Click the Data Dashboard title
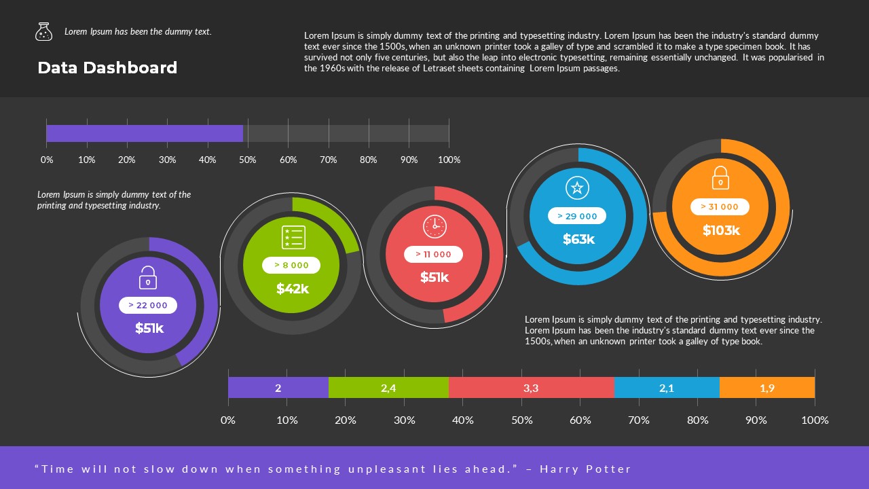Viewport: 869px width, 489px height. [x=107, y=68]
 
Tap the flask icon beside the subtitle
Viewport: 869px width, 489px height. [x=43, y=31]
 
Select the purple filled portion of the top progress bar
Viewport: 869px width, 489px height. [x=144, y=134]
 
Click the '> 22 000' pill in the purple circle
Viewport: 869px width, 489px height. [x=148, y=306]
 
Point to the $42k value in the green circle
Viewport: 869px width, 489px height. [x=293, y=289]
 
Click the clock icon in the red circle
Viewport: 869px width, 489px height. [x=434, y=226]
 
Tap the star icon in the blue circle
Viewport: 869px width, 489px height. [x=577, y=188]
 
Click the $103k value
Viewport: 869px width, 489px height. [x=721, y=230]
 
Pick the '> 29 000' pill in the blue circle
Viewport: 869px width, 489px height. [x=577, y=216]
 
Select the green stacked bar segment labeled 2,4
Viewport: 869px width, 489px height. [x=388, y=388]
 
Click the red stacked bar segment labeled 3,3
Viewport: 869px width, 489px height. [x=531, y=388]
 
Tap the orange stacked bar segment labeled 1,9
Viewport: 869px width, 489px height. [x=767, y=388]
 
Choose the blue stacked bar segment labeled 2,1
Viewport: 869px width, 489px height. [x=667, y=388]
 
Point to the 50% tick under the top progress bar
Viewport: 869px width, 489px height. [x=248, y=160]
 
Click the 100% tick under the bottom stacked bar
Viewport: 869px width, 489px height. [x=815, y=420]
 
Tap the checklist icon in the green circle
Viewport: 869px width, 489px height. [x=293, y=238]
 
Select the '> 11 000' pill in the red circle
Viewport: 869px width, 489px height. [x=434, y=255]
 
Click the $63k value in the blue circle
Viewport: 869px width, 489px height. [x=578, y=239]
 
